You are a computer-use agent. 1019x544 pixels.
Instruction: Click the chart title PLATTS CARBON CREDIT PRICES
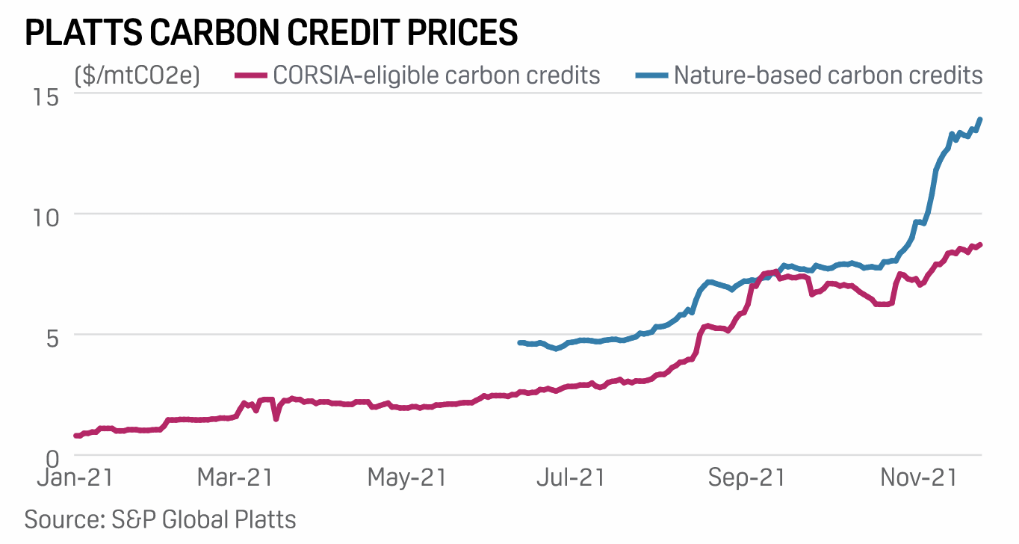(x=271, y=34)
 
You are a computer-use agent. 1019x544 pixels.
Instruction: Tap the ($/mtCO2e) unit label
(x=137, y=75)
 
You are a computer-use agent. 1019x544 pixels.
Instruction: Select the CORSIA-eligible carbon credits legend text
(x=436, y=75)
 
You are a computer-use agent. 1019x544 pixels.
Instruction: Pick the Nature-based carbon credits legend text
(x=828, y=75)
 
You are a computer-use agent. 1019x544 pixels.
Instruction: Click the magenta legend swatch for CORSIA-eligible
(x=250, y=75)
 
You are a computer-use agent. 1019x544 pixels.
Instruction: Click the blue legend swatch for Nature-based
(x=651, y=75)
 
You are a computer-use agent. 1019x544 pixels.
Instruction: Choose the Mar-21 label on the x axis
(x=235, y=478)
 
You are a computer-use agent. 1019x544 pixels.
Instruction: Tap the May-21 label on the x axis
(x=406, y=478)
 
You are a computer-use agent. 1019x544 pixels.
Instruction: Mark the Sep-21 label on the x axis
(x=746, y=478)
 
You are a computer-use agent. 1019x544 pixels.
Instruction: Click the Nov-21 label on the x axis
(x=919, y=478)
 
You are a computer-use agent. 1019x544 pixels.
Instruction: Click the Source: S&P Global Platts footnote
(x=161, y=519)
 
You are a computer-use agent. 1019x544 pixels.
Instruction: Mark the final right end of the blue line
(x=979, y=120)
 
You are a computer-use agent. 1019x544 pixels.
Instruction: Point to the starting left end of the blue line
(x=520, y=342)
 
